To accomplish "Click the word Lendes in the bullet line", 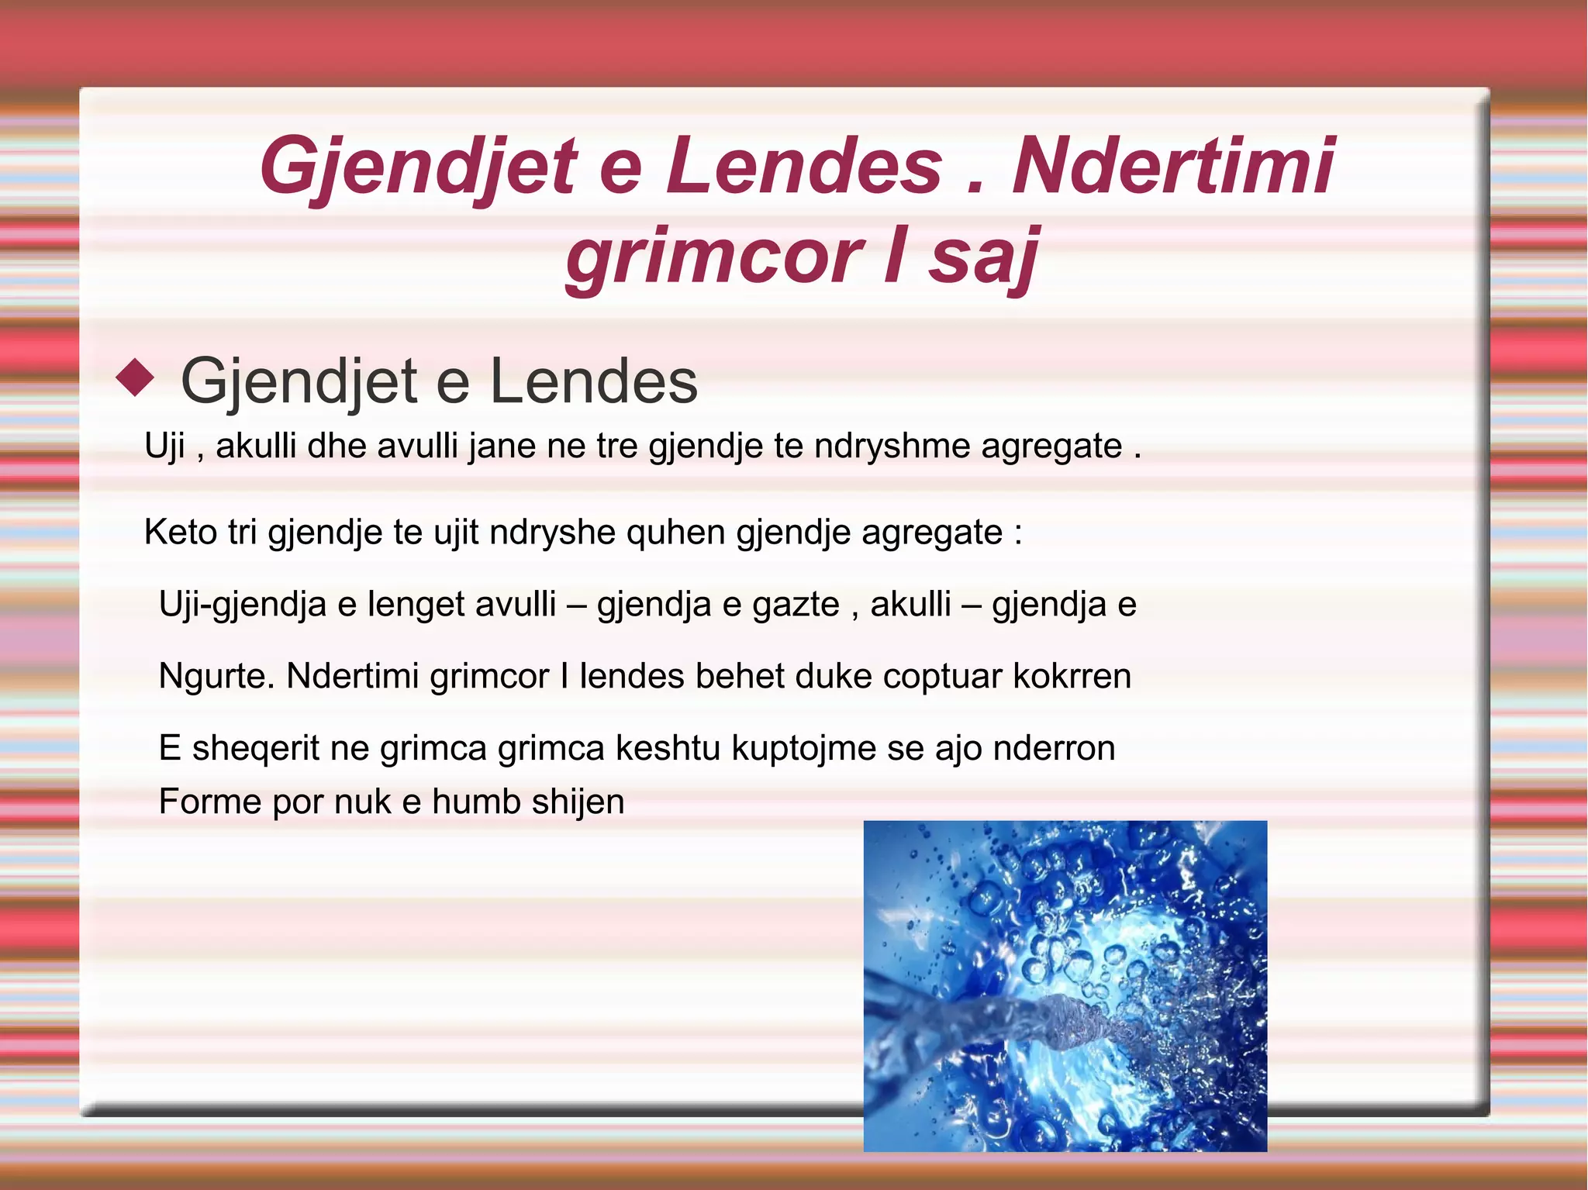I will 593,381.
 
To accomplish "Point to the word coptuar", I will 942,677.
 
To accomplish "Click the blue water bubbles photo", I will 1065,985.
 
